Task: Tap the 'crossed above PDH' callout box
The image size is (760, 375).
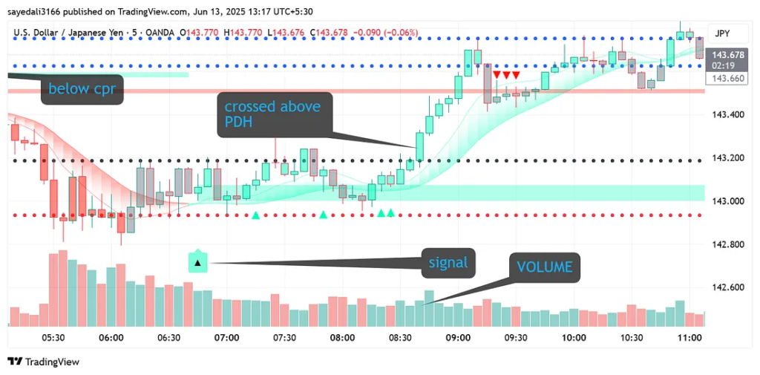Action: click(x=274, y=114)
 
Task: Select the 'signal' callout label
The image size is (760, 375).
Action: click(x=448, y=262)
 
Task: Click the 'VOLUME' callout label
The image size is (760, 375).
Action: click(x=545, y=267)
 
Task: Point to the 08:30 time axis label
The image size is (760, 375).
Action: click(x=400, y=338)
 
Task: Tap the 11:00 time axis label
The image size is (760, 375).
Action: click(x=690, y=338)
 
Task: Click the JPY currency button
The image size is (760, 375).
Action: click(x=721, y=33)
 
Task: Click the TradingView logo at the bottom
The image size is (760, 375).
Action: click(x=43, y=362)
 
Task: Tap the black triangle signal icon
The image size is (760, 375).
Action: click(x=197, y=262)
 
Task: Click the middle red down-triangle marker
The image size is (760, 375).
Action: click(x=506, y=75)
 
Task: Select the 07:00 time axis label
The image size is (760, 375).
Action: click(x=226, y=338)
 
